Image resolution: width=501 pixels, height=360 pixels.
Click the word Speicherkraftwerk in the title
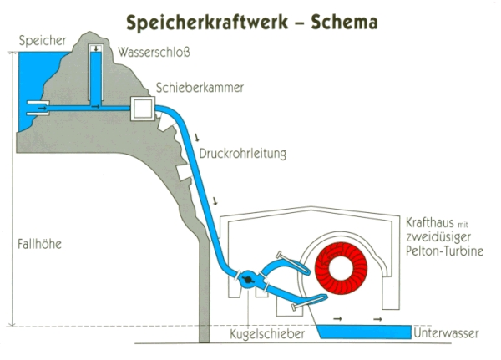click(207, 23)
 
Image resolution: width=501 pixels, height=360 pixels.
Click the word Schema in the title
click(344, 22)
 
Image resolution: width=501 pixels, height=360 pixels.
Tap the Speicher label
click(43, 41)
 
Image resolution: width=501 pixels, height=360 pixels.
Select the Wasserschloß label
click(154, 52)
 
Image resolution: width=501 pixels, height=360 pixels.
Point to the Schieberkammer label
click(200, 88)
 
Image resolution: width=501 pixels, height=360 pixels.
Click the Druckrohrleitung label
click(242, 154)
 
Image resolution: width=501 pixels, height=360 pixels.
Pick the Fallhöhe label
click(39, 244)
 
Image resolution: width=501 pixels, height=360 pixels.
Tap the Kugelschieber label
click(267, 334)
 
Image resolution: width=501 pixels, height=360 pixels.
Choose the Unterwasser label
click(446, 333)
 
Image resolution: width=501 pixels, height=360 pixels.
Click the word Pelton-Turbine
click(444, 251)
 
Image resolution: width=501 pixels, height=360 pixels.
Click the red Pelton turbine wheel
click(342, 268)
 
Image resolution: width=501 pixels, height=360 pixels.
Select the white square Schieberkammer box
click(143, 109)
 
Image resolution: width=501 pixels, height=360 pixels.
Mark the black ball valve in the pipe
click(248, 280)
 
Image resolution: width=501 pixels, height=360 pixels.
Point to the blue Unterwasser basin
click(364, 332)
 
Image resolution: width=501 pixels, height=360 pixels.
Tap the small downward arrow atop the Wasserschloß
click(95, 49)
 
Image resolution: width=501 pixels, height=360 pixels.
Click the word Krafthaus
click(430, 222)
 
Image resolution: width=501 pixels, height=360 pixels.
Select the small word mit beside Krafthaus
click(463, 225)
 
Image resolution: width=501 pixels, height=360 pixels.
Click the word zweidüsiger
click(438, 237)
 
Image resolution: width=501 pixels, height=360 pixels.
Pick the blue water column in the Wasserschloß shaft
click(95, 79)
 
